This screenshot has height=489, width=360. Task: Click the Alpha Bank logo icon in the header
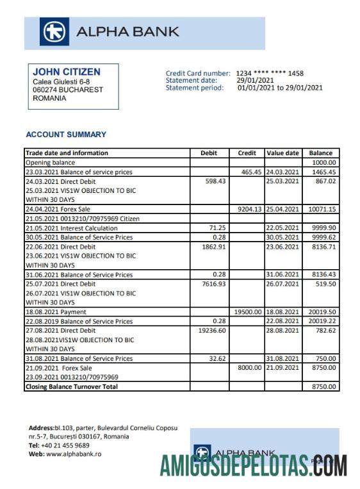[x=54, y=32]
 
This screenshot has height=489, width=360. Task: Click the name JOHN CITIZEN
[x=67, y=72]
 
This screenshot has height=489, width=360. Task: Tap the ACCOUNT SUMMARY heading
[x=66, y=135]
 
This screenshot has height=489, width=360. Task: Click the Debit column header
[x=209, y=153]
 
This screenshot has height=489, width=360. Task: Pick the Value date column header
[x=282, y=153]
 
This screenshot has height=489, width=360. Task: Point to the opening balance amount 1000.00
[x=323, y=163]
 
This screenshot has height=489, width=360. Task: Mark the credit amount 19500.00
[x=248, y=312]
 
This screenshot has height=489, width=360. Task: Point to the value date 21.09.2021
[x=282, y=369]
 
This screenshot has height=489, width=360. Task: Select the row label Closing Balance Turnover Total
[x=72, y=386]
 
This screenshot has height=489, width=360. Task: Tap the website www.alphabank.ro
[x=65, y=454]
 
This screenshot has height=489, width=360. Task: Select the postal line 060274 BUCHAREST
[x=68, y=90]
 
